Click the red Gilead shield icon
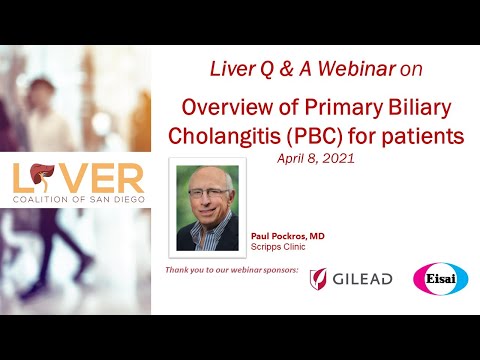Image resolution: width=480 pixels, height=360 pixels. tap(318, 278)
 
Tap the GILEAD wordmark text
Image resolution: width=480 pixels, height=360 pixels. tap(362, 279)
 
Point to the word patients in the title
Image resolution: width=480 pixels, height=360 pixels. tap(421, 137)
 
